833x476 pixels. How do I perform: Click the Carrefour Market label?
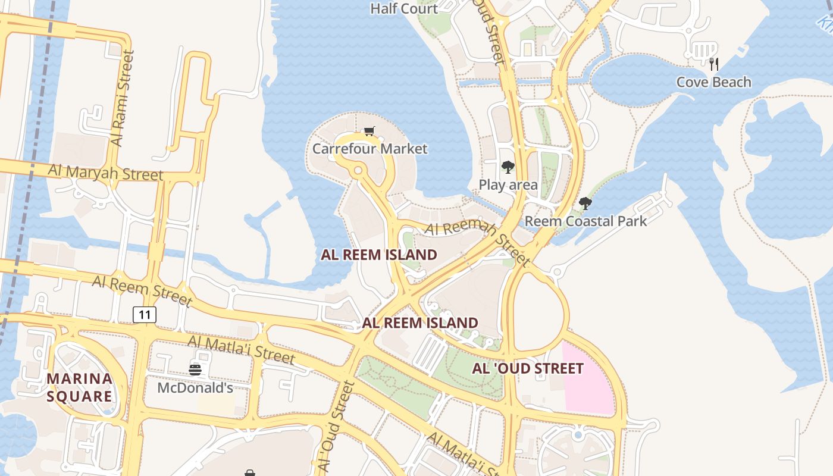tap(369, 148)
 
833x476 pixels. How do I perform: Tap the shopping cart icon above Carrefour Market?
tap(369, 131)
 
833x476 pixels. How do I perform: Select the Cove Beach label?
tap(713, 82)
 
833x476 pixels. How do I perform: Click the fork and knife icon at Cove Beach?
tap(714, 64)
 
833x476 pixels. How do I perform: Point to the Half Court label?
tap(403, 8)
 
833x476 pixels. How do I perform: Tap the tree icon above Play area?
tap(508, 167)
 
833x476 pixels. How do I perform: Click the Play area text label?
tap(508, 184)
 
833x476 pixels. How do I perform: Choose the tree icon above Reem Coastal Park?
tap(585, 203)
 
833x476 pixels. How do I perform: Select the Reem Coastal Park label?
tap(585, 221)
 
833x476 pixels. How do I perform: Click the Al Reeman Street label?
tap(478, 243)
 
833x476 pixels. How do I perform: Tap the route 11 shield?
tap(145, 314)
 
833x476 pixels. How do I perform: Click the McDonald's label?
tap(195, 388)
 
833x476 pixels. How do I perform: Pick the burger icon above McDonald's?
tap(195, 370)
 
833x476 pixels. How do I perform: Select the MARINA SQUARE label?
tap(80, 387)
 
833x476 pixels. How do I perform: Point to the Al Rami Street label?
tap(123, 98)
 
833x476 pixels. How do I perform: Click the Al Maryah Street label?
tap(105, 173)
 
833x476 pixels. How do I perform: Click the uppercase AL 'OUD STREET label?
tap(528, 368)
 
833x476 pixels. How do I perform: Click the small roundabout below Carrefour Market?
tap(358, 171)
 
